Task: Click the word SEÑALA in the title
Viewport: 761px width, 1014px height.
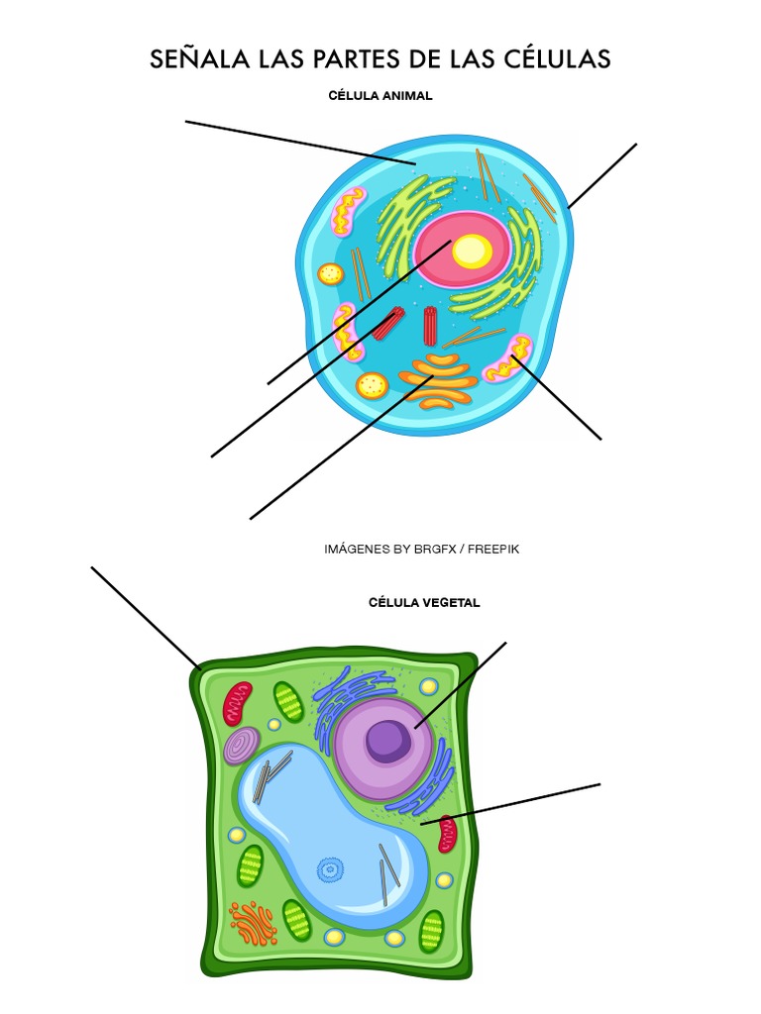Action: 195,59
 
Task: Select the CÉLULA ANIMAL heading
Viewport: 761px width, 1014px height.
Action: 380,96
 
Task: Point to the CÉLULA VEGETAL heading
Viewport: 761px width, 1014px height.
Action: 424,602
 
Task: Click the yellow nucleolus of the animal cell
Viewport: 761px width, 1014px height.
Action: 472,252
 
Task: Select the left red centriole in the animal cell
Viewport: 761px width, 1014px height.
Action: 388,323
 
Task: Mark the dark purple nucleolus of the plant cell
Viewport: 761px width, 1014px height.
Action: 387,740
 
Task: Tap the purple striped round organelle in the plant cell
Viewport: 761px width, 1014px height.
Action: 242,746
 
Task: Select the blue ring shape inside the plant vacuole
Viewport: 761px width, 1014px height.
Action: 328,870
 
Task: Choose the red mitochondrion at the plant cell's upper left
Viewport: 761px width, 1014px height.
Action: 238,702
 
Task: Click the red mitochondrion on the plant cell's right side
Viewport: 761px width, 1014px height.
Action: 447,835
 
